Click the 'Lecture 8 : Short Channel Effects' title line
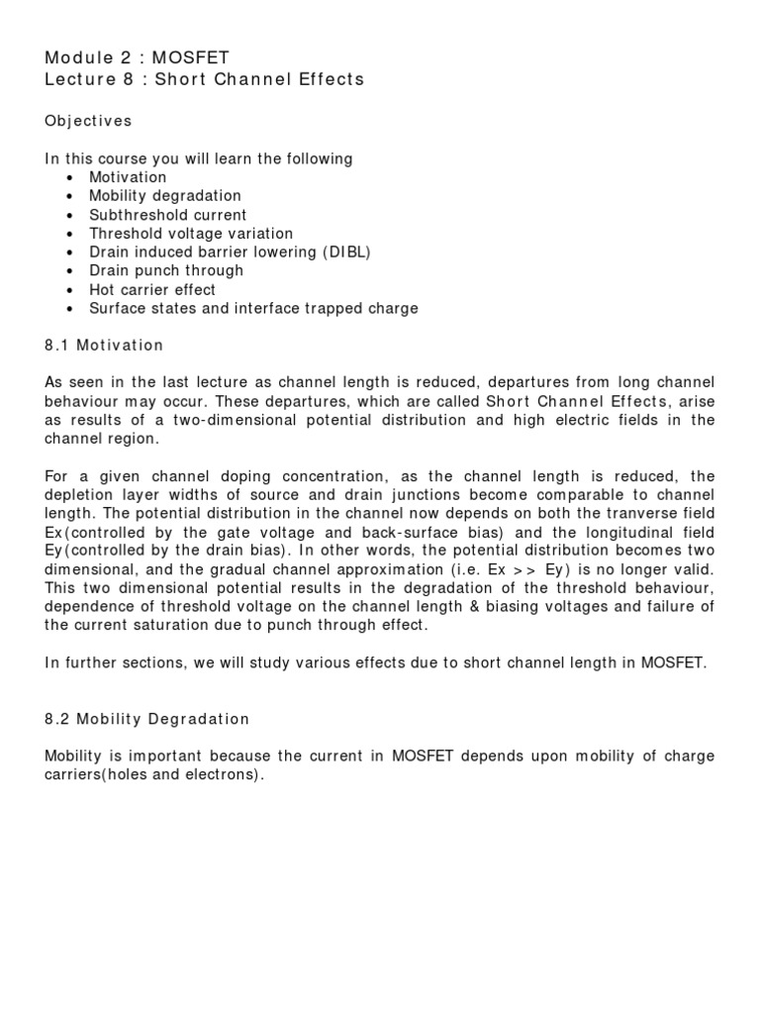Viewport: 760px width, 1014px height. (x=204, y=79)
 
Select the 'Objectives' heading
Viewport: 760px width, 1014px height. (x=88, y=121)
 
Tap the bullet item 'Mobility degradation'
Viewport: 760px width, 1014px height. (x=165, y=196)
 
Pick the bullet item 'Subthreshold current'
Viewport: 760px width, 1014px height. (x=168, y=215)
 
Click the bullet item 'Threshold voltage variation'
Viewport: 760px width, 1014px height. (x=191, y=234)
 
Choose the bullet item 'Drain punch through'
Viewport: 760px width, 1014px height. (x=166, y=270)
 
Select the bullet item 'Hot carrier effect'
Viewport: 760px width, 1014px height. (x=152, y=290)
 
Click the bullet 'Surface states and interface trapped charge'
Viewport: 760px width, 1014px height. (x=253, y=308)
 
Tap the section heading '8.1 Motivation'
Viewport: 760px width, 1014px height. (x=104, y=346)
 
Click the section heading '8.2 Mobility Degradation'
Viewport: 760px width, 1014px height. (x=147, y=719)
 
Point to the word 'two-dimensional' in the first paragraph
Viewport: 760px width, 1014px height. (x=255, y=420)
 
